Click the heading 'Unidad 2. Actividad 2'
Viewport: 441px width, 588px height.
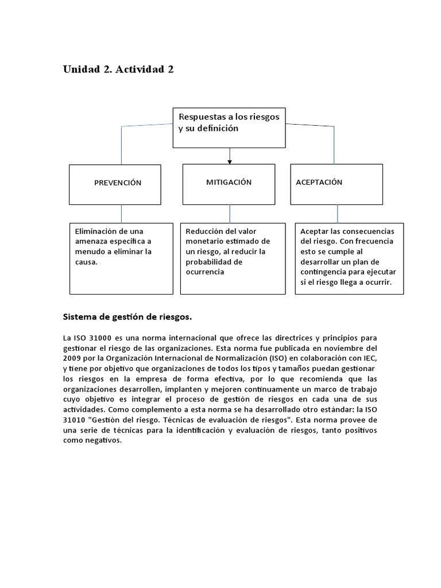[118, 69]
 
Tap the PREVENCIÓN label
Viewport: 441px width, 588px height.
[118, 183]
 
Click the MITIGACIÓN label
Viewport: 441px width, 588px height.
[229, 182]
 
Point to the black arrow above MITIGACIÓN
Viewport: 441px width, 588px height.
[230, 156]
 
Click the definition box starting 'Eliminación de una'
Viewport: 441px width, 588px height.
[121, 258]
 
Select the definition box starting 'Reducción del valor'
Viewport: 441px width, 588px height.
[233, 258]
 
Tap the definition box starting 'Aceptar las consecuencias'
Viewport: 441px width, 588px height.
[349, 258]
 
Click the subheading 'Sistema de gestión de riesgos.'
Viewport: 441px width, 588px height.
[127, 316]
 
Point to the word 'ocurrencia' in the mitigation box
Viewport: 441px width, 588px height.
[204, 272]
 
